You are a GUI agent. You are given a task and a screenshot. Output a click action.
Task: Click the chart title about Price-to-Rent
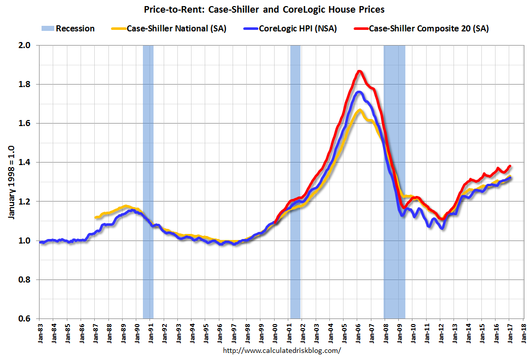coord(264,9)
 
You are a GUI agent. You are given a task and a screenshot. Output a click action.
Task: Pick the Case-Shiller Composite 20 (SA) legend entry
coord(428,28)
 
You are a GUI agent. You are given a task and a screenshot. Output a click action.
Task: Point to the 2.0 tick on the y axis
coord(25,46)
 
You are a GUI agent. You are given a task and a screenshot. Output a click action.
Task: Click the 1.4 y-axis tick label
coord(25,163)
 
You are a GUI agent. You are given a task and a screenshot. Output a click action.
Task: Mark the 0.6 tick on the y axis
coord(25,318)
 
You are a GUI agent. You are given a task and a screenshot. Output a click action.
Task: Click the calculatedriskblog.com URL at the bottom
coord(282,350)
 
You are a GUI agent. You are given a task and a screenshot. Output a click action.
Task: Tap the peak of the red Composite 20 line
coord(359,71)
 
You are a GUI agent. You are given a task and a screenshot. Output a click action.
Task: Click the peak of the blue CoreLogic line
coord(359,92)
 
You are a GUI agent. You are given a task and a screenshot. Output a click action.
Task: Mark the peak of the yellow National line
coord(359,110)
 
